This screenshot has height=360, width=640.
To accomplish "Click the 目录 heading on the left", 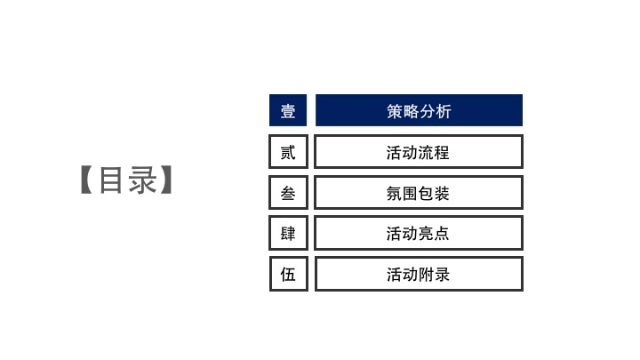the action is point(127,180).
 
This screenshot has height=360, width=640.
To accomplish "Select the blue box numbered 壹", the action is point(288,110).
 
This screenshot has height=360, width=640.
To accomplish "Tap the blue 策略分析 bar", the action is point(419,110).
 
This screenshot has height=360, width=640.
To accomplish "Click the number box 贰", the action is point(288,151).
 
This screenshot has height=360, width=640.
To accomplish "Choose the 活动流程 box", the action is point(419,151).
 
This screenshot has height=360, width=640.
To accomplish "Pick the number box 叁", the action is point(288,192).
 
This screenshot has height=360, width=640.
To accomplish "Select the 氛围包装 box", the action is point(419,192).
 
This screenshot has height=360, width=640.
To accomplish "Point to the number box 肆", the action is point(288,233).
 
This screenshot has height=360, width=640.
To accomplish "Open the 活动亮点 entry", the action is point(419,233).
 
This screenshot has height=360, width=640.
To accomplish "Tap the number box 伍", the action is point(288,274).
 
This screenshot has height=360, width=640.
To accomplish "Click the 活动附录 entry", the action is point(419,274).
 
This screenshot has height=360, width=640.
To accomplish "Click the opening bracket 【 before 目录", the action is point(86,180).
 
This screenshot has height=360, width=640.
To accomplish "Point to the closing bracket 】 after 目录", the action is point(166,180).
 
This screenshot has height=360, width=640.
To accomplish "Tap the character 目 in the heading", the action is point(111,180).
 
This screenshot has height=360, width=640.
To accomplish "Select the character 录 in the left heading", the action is point(142,180).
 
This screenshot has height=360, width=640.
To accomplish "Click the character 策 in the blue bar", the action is point(395,111).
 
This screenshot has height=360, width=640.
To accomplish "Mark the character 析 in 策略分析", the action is point(444,111).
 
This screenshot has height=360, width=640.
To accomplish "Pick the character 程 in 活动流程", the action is point(442,153).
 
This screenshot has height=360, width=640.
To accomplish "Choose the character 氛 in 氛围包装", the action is point(395,194).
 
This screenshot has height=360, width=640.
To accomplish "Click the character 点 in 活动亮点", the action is point(442,234).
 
